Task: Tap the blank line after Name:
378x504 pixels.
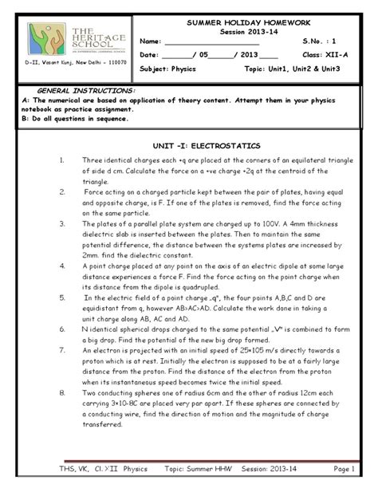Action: (211, 41)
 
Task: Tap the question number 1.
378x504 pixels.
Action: (61, 160)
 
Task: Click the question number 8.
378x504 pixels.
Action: (61, 393)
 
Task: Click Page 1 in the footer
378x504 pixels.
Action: (344, 470)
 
